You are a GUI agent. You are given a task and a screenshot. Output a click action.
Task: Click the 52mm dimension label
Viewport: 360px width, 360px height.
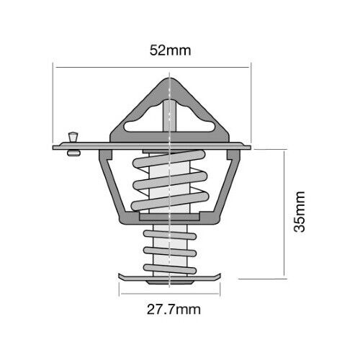[170, 50]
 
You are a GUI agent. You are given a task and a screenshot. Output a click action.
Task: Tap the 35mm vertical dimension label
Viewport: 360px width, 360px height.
[300, 212]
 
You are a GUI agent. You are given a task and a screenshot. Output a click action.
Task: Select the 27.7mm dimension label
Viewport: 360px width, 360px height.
[174, 310]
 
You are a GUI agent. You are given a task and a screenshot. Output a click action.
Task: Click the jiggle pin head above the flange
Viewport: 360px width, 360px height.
[73, 137]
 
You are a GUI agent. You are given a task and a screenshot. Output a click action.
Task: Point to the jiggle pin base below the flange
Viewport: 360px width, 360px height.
[73, 153]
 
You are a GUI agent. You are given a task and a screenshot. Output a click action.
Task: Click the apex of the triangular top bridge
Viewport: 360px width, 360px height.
[170, 79]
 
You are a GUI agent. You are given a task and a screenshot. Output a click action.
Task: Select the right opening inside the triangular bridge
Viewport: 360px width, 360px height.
[195, 120]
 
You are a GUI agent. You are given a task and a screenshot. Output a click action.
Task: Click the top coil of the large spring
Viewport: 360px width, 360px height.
[169, 159]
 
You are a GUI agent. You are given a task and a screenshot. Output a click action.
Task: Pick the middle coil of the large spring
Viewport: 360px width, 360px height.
[170, 181]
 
